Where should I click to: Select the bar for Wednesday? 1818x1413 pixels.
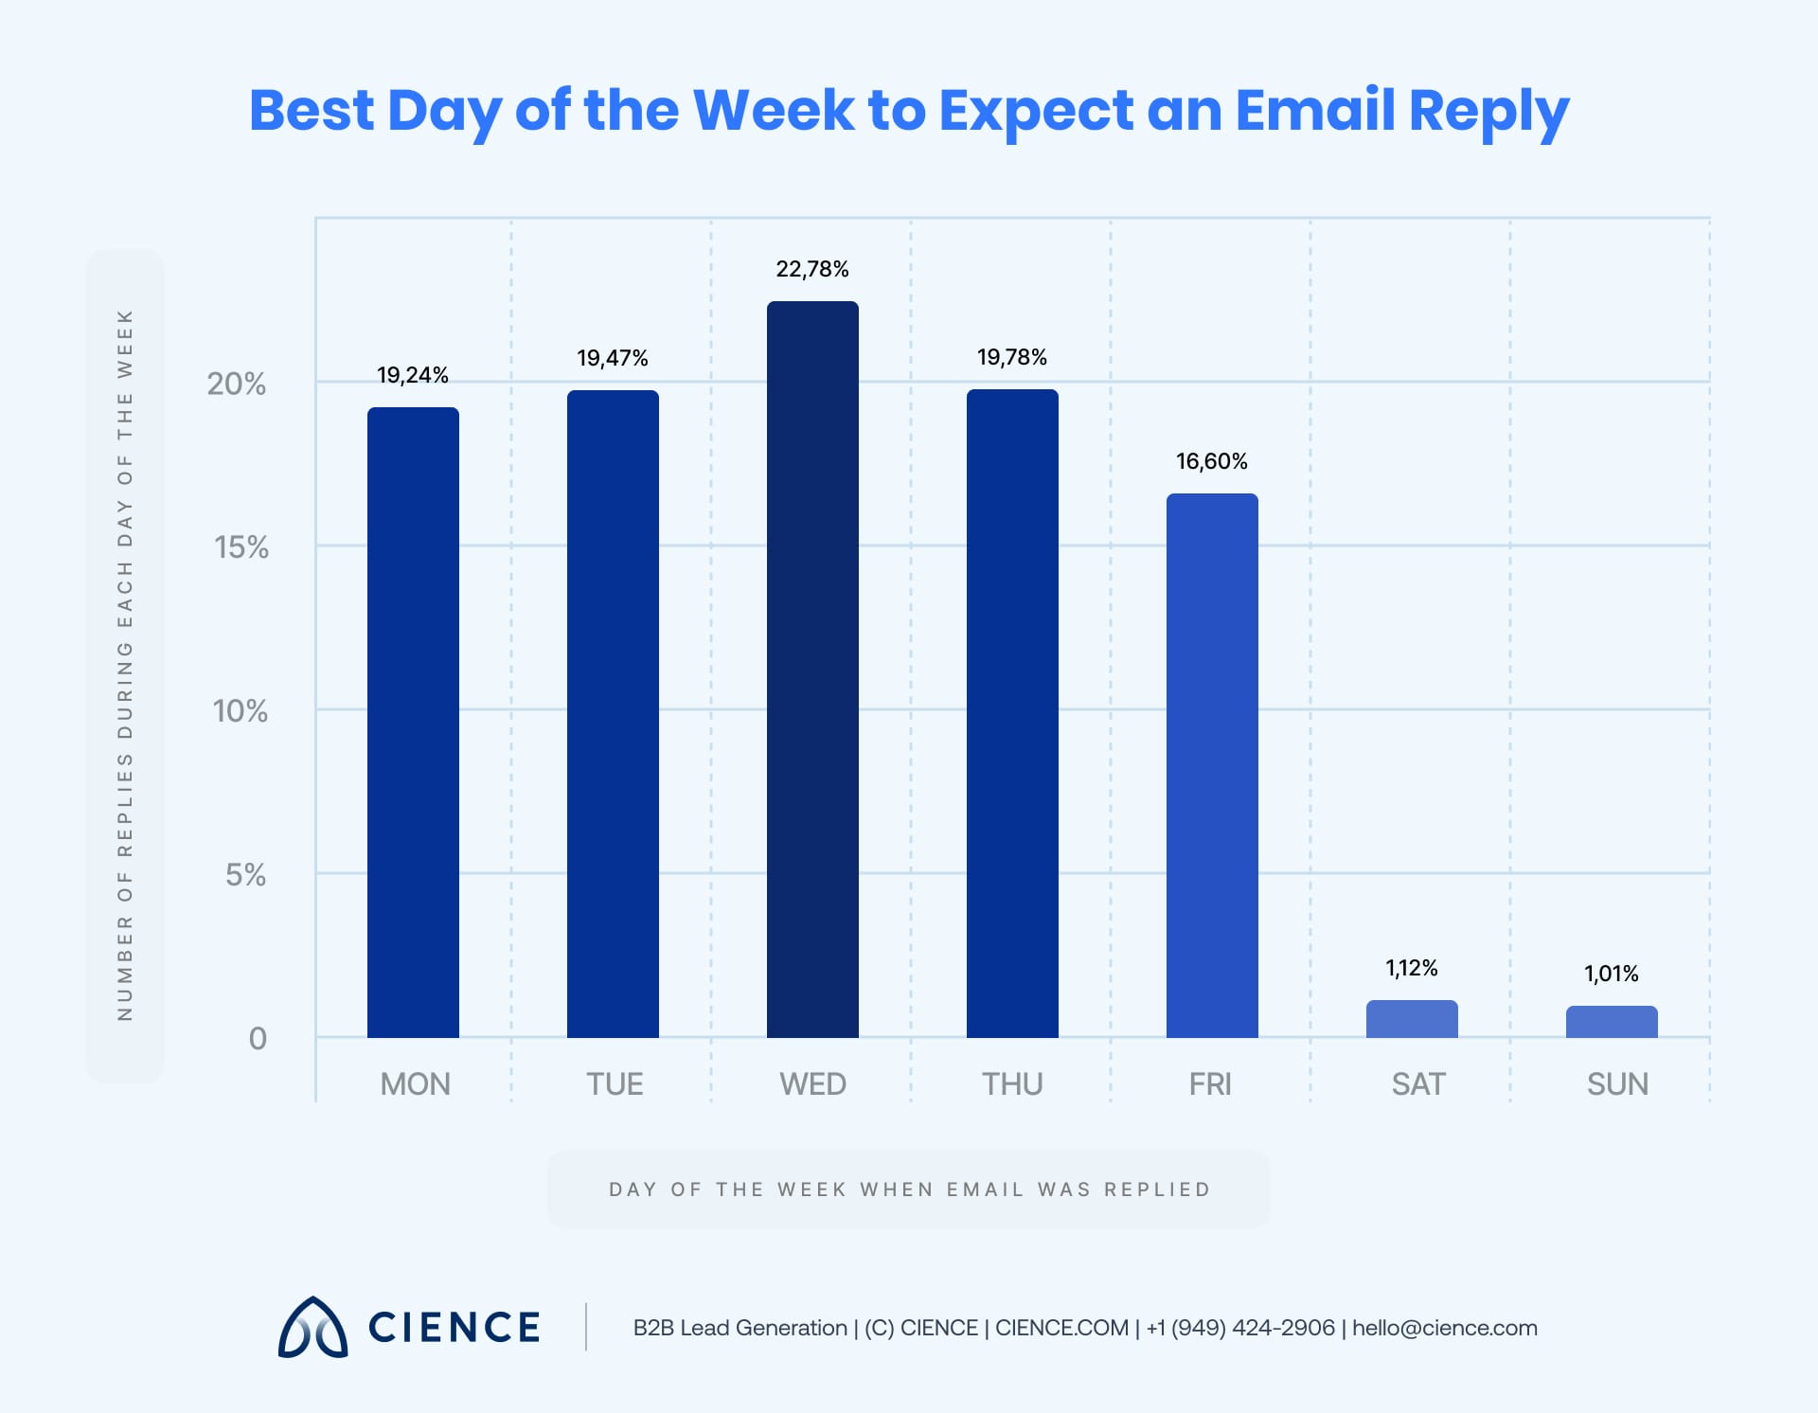[812, 669]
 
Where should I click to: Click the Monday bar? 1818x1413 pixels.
[413, 722]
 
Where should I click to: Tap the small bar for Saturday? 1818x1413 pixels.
[1412, 1019]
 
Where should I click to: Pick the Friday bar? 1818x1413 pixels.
[1212, 765]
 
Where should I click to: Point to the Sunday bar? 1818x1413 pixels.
[1612, 1022]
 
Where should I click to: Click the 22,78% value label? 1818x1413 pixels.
[812, 270]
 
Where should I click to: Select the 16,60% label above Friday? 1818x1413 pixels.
[1212, 462]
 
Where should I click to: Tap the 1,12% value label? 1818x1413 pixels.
[1412, 968]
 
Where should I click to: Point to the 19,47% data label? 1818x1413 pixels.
[613, 359]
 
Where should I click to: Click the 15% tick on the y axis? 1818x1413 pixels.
[241, 547]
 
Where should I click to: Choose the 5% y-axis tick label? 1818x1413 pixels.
[245, 875]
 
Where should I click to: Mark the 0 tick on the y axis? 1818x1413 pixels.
[258, 1039]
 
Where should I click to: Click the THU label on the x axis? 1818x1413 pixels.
[1012, 1084]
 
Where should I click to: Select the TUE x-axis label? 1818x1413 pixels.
[615, 1084]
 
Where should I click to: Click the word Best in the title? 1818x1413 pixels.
[312, 110]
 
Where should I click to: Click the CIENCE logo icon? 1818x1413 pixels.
[312, 1327]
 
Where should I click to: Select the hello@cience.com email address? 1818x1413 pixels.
[1445, 1328]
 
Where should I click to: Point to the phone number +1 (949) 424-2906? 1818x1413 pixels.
[1240, 1328]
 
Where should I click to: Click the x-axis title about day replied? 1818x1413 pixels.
[909, 1189]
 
